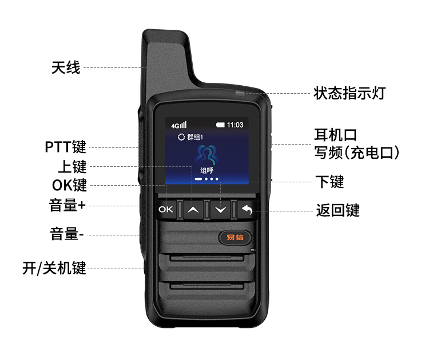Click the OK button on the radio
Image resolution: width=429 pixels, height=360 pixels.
coord(166,209)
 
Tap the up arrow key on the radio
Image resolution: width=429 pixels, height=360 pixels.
coord(193,210)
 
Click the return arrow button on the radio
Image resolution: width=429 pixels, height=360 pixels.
coord(247,210)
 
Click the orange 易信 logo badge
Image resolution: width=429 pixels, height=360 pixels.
coord(235,237)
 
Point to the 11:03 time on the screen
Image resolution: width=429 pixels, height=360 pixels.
coord(235,125)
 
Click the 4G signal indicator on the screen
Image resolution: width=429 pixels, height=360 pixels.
coord(178,125)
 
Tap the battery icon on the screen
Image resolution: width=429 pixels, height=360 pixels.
coord(220,125)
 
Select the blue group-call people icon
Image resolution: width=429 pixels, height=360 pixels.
coord(206,155)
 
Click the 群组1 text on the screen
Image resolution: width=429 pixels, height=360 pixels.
coord(195,137)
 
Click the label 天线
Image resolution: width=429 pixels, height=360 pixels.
coord(66,67)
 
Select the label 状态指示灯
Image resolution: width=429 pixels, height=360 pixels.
coord(349,93)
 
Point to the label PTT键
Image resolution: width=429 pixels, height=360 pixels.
coord(65,147)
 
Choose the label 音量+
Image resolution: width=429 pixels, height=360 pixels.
coord(67,205)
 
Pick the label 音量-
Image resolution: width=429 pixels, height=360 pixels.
coord(66,234)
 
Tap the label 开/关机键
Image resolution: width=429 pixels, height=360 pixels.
coord(54,268)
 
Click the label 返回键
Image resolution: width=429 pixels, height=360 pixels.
coord(338,210)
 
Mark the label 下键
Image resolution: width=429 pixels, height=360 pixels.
coord(329,182)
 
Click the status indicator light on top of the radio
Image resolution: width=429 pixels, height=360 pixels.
coord(240,94)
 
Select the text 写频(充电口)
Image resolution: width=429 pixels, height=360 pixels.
coord(356,153)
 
